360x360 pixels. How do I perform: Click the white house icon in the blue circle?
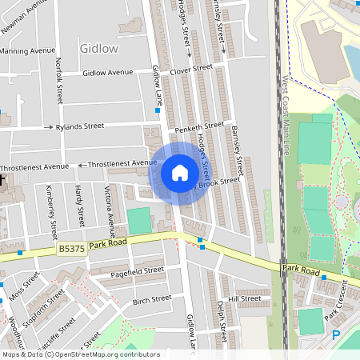click(x=180, y=173)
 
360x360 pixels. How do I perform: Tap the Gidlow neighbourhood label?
click(x=99, y=48)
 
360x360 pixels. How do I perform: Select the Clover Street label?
click(x=190, y=69)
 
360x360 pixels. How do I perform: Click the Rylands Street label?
click(x=80, y=126)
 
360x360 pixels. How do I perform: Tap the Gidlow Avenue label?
click(x=108, y=73)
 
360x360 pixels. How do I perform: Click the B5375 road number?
click(x=72, y=250)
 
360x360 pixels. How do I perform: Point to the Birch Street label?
click(x=152, y=298)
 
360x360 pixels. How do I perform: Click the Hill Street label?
click(x=245, y=298)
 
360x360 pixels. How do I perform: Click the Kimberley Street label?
click(x=51, y=212)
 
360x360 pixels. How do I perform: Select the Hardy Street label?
click(x=79, y=205)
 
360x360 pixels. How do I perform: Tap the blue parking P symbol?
click(x=336, y=335)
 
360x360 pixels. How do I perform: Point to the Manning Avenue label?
click(x=28, y=50)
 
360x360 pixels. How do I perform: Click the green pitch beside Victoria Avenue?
click(x=138, y=220)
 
